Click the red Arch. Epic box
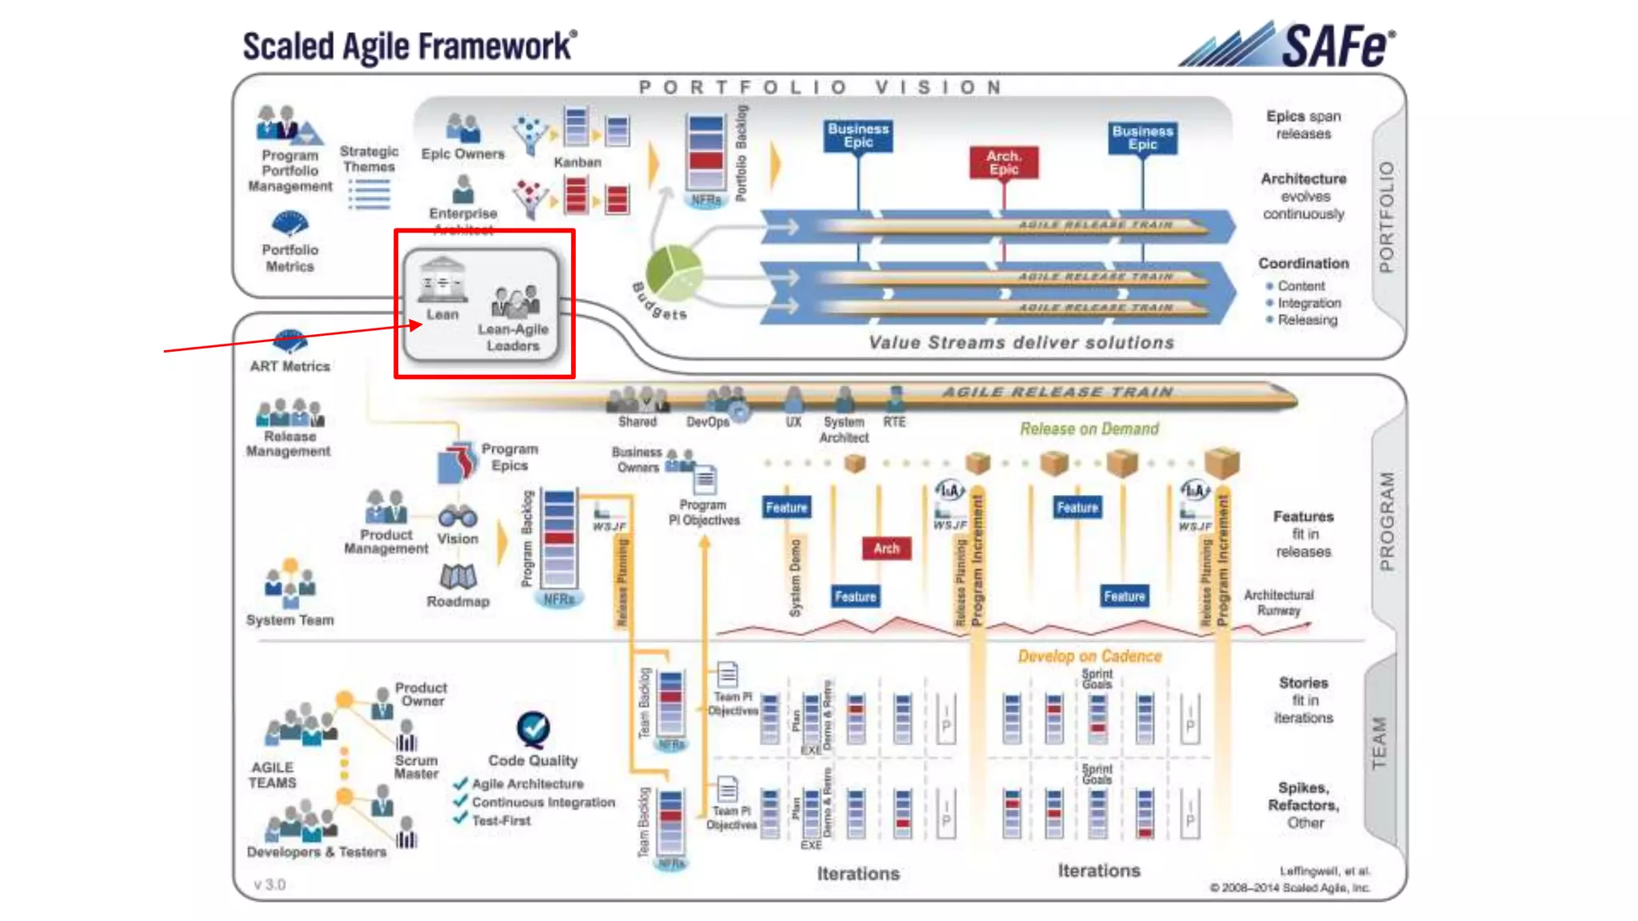tap(1004, 162)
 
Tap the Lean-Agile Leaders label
tap(513, 337)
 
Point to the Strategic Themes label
tap(369, 159)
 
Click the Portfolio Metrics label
tap(290, 258)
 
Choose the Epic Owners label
tap(463, 153)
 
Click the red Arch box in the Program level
tap(886, 548)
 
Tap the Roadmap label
tap(457, 601)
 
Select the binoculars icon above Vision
tap(457, 516)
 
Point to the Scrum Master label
tap(416, 767)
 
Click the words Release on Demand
tap(1089, 429)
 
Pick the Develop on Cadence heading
tap(1089, 656)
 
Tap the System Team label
tap(290, 620)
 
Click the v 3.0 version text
tap(270, 884)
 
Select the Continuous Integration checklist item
tap(543, 802)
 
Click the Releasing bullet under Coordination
tap(1307, 320)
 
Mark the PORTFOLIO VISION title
tap(820, 87)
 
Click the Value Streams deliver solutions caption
tap(1021, 343)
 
